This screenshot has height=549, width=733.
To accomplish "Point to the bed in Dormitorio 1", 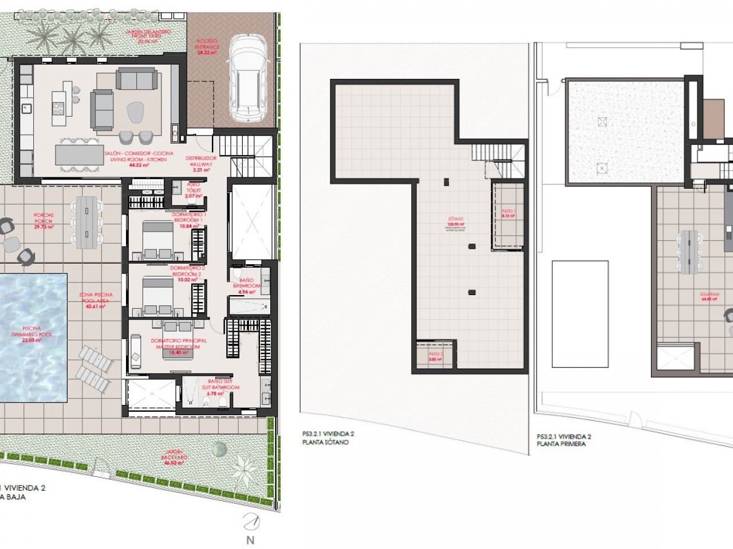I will point(157,240).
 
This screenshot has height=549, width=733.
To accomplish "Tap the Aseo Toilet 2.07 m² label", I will point(195,190).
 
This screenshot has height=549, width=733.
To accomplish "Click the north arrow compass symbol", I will point(250,522).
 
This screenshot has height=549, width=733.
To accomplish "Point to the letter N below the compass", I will point(250,540).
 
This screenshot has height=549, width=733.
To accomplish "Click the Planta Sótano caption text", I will point(325,442).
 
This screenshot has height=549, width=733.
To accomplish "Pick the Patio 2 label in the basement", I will point(435,357).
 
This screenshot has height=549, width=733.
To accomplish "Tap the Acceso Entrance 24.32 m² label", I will point(207,46).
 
